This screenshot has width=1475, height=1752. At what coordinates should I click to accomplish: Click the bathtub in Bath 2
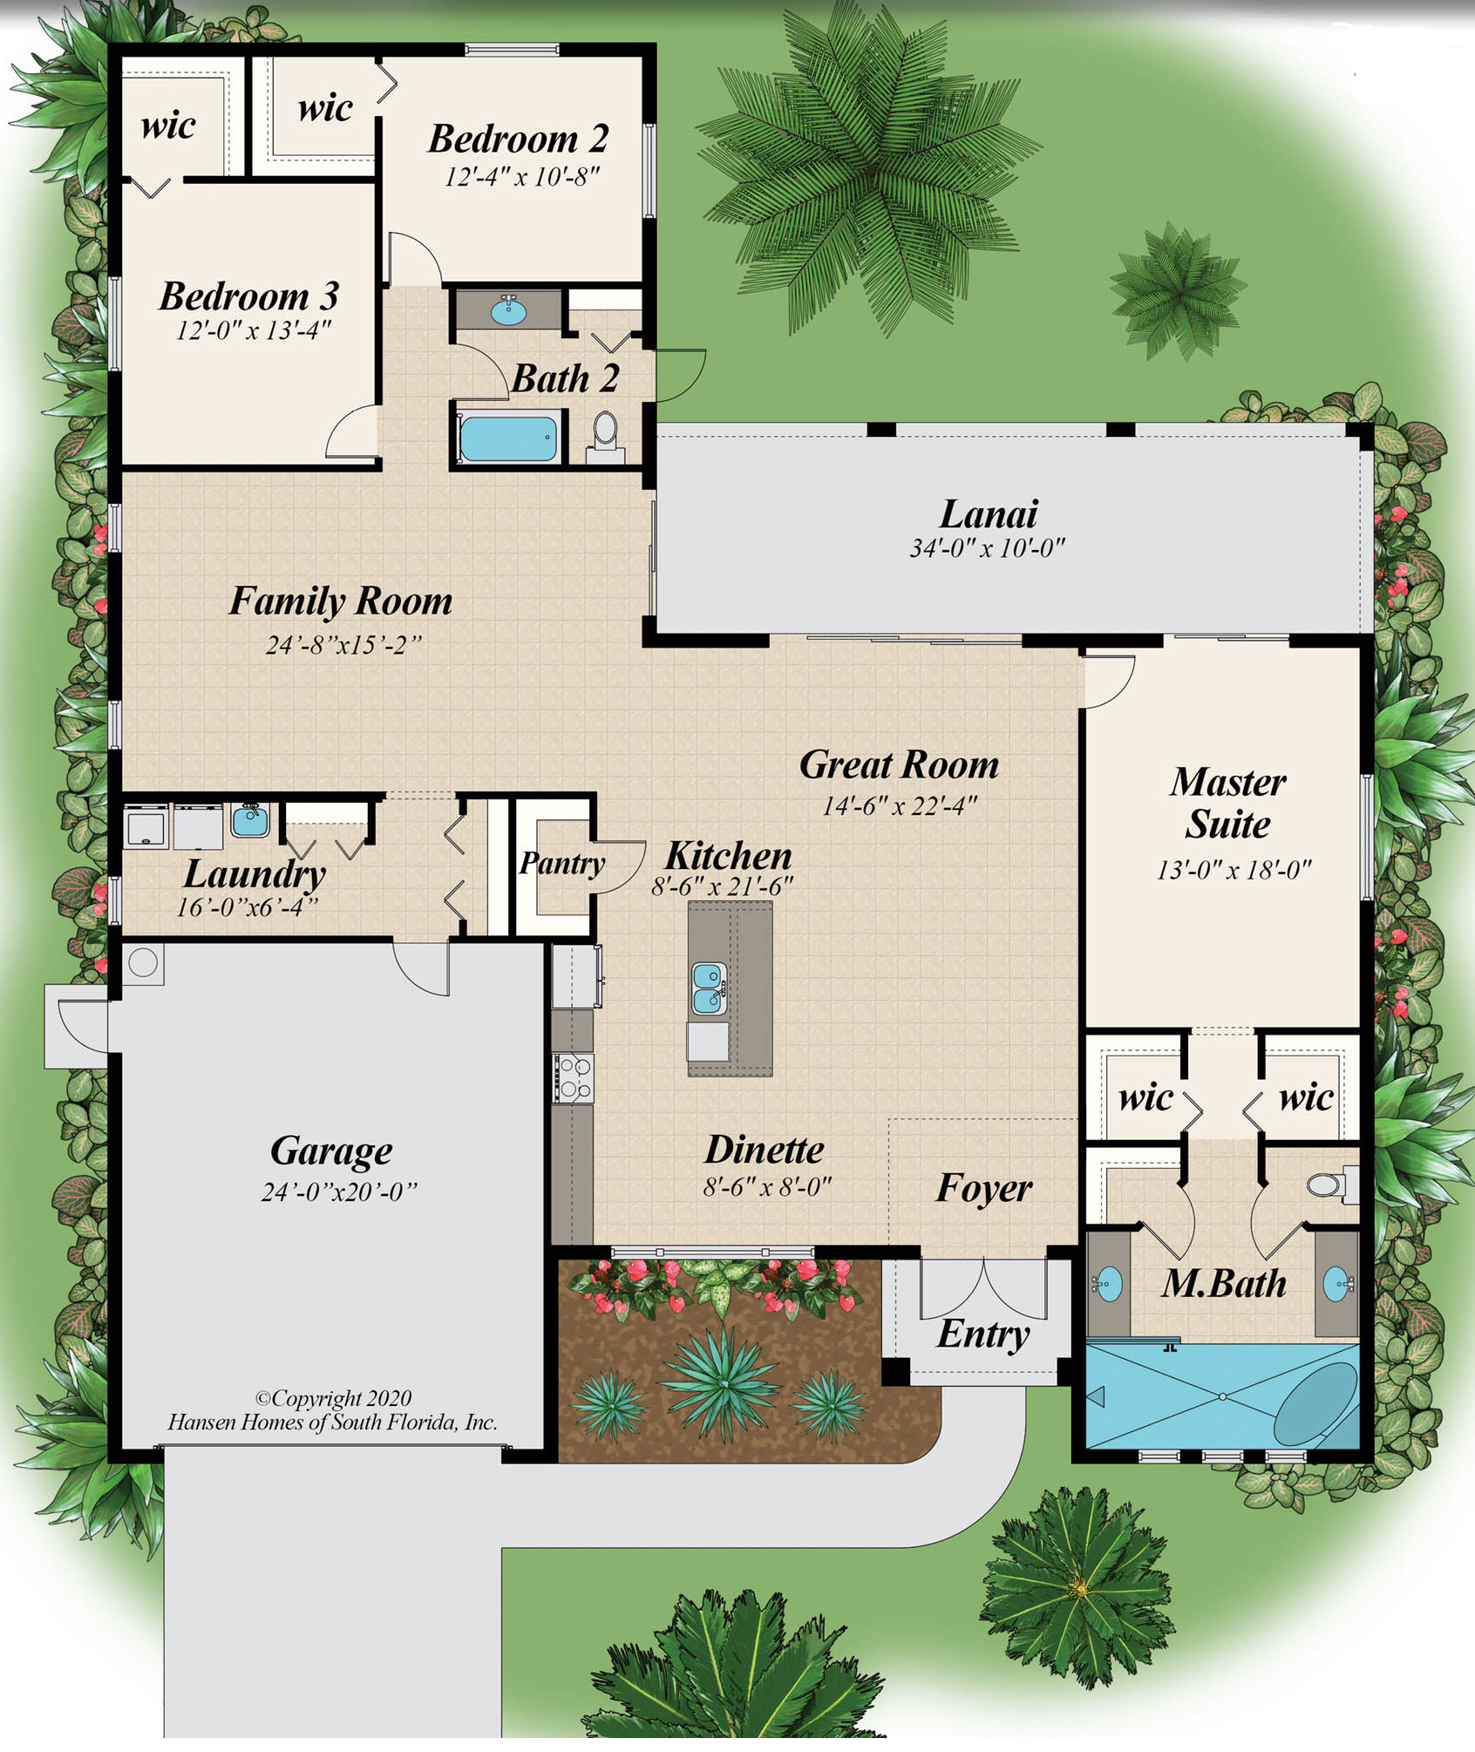(x=508, y=438)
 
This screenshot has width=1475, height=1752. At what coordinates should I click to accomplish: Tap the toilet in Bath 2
(x=605, y=430)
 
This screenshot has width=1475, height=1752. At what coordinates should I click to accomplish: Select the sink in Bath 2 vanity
(x=508, y=309)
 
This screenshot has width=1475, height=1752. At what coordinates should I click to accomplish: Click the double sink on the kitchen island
(x=709, y=988)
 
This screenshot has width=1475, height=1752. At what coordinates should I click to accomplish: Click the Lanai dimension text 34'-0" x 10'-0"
(x=987, y=548)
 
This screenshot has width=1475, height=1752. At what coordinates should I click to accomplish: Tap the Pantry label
(x=562, y=863)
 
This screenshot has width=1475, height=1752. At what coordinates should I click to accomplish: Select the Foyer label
(x=983, y=1188)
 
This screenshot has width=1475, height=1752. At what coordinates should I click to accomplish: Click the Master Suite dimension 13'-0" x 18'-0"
(x=1234, y=870)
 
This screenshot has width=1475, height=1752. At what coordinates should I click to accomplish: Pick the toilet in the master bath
(x=1326, y=1185)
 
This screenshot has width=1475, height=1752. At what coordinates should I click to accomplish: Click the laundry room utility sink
(x=250, y=819)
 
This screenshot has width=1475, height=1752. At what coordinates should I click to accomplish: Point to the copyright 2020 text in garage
(x=333, y=1398)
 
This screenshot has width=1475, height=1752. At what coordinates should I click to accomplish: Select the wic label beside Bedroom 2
(x=324, y=108)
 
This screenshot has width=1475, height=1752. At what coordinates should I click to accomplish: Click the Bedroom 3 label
(x=248, y=296)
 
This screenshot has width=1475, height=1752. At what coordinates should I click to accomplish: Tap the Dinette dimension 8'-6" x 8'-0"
(x=767, y=1186)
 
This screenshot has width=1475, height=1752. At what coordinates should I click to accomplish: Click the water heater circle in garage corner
(x=143, y=963)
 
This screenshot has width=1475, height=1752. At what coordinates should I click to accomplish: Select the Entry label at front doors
(x=983, y=1334)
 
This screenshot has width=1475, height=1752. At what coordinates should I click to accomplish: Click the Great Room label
(x=899, y=764)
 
